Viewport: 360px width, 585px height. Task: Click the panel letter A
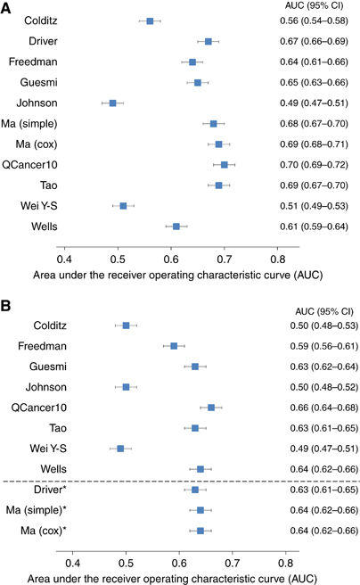pyautogui.click(x=7, y=7)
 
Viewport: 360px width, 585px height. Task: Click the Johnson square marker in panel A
pyautogui.click(x=112, y=103)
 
